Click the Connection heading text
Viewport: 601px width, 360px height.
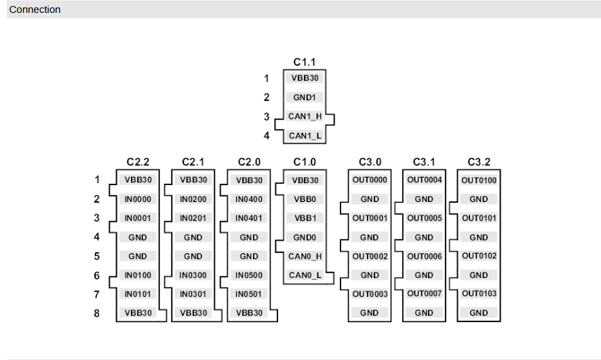tap(35, 9)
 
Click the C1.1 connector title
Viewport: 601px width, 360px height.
tap(305, 62)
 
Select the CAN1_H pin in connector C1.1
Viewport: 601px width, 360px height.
tap(305, 117)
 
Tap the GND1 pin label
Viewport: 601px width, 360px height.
tap(305, 98)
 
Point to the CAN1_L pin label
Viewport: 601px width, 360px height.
tap(305, 136)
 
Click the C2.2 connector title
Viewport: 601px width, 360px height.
tap(138, 163)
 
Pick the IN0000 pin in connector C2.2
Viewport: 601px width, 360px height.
tap(138, 199)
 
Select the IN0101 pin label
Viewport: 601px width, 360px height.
tap(138, 294)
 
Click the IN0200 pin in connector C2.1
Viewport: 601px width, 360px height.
tap(193, 199)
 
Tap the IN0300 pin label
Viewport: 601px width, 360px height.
tap(193, 275)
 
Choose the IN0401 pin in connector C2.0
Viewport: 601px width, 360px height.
tap(249, 218)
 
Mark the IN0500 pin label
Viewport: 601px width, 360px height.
tap(249, 275)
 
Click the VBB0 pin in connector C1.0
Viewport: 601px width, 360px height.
tap(305, 199)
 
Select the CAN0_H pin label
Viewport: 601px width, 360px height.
tap(305, 256)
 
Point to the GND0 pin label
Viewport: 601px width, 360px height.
tap(305, 237)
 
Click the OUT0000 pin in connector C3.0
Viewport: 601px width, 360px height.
tap(370, 180)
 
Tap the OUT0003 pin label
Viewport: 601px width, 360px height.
tap(370, 294)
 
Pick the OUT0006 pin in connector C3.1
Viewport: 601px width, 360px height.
tap(424, 256)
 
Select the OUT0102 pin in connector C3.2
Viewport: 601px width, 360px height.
tap(479, 256)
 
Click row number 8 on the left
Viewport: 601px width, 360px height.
tap(97, 314)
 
